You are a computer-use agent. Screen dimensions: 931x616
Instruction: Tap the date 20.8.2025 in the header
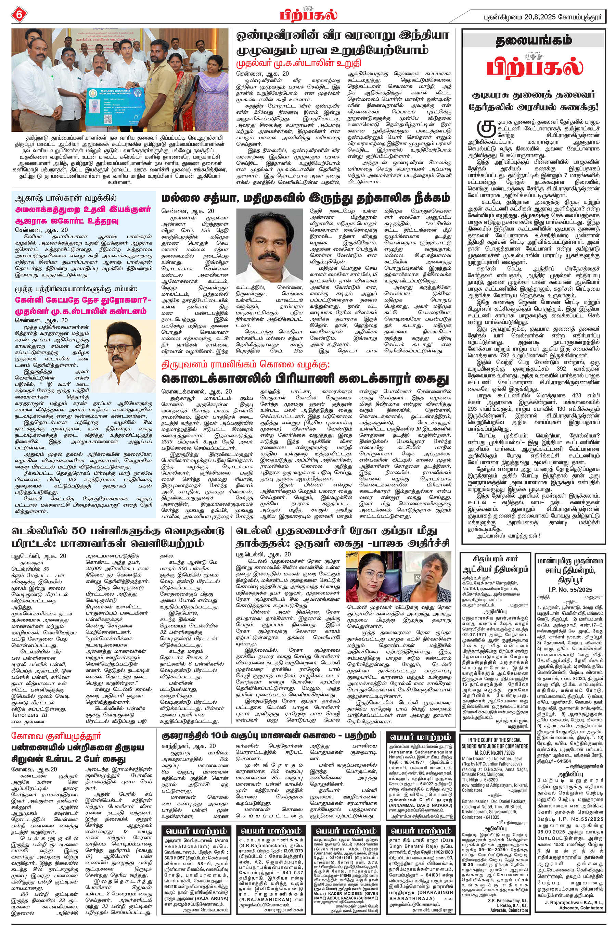(540, 17)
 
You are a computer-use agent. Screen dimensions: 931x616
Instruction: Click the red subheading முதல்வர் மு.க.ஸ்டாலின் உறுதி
(298, 63)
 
